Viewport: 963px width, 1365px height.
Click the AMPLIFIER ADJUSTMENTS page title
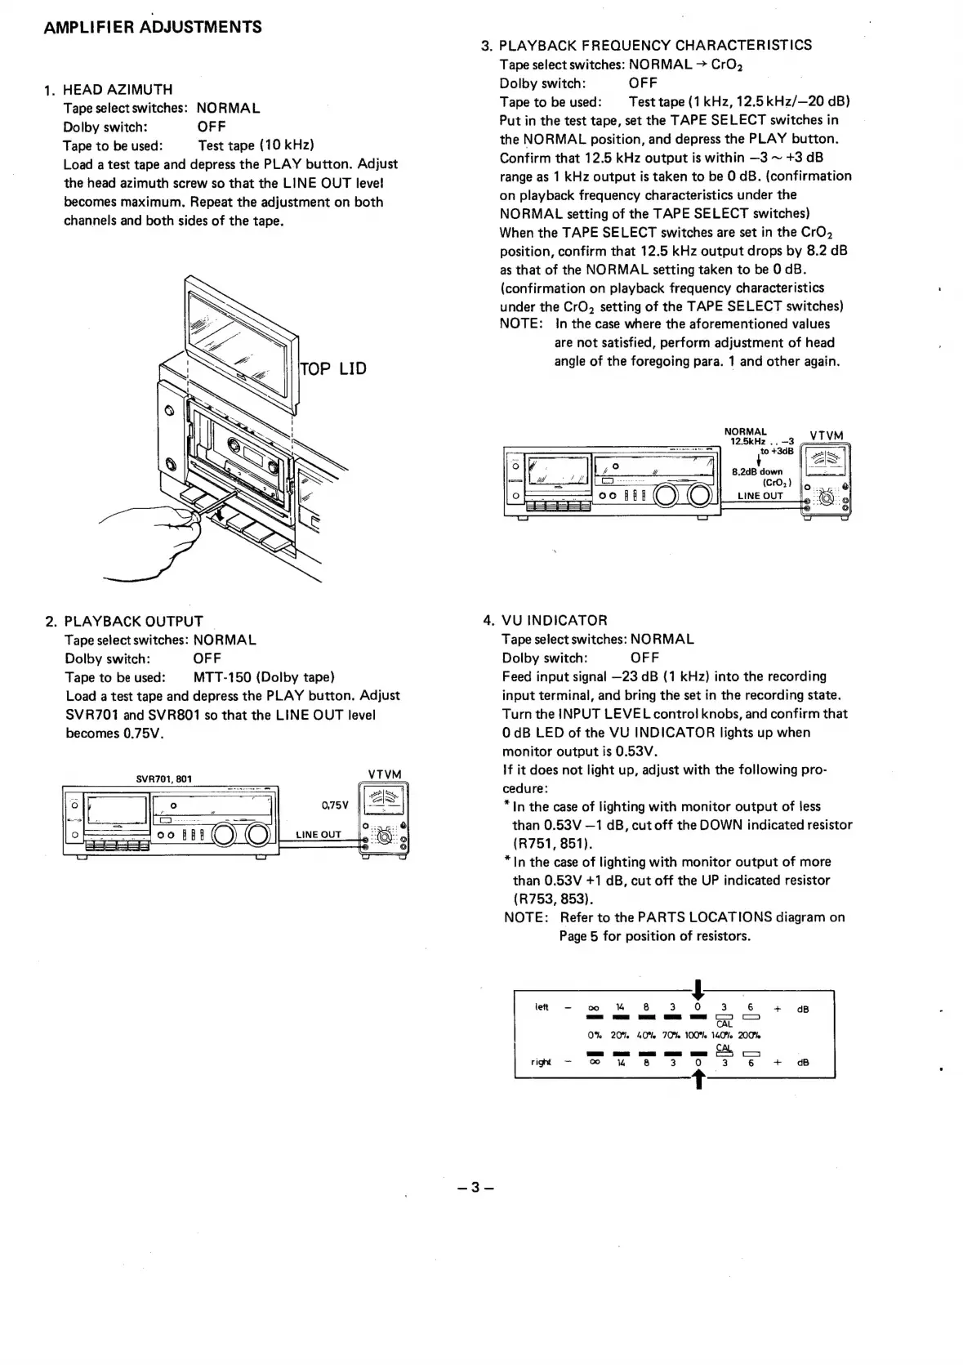pyautogui.click(x=153, y=27)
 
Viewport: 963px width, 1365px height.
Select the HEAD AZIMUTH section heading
pyautogui.click(x=118, y=89)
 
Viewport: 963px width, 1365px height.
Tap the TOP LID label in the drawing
pyautogui.click(x=333, y=368)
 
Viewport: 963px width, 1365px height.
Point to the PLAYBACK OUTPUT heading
pyautogui.click(x=133, y=621)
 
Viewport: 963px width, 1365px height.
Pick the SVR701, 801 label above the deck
pyautogui.click(x=163, y=778)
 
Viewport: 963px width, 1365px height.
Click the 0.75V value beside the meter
pyautogui.click(x=335, y=805)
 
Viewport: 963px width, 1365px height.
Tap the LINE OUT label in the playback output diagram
pyautogui.click(x=319, y=834)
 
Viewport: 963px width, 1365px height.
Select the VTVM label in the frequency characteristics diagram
pyautogui.click(x=826, y=435)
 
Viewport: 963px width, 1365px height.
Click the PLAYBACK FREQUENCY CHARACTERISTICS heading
pyautogui.click(x=655, y=45)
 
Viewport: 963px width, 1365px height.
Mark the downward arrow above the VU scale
pyautogui.click(x=698, y=988)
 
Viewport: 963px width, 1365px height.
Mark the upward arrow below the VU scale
pyautogui.click(x=698, y=1081)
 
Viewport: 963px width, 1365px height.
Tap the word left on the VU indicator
pyautogui.click(x=542, y=1007)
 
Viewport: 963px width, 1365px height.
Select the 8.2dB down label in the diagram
pyautogui.click(x=756, y=471)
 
